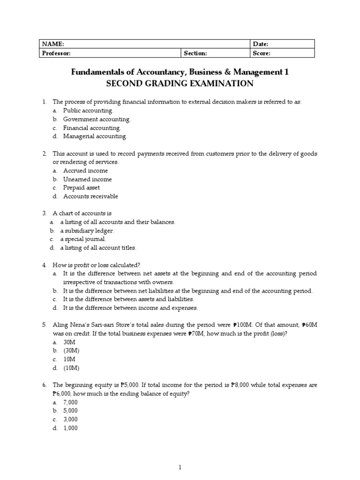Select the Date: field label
point(261,44)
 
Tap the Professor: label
point(56,53)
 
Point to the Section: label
point(195,53)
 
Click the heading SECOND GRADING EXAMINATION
point(180,84)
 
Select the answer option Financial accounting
point(92,128)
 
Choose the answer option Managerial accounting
point(95,136)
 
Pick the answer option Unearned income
point(88,179)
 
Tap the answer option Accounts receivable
point(90,196)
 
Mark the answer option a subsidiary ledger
point(87,231)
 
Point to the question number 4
point(44,265)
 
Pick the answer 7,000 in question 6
point(71,402)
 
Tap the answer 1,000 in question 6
point(71,428)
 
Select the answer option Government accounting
point(97,119)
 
